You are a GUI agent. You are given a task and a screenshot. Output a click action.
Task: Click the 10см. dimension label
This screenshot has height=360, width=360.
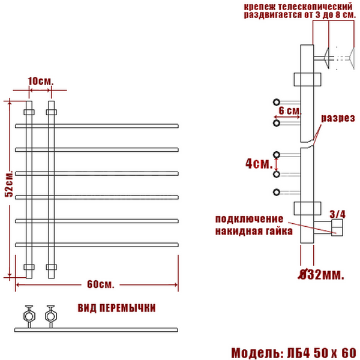click(41, 81)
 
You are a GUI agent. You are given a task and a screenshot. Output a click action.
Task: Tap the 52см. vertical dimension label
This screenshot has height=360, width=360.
click(10, 184)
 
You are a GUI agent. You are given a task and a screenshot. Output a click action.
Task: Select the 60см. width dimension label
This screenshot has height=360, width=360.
click(101, 284)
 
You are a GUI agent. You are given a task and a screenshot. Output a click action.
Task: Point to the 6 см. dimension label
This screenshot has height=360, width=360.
click(290, 111)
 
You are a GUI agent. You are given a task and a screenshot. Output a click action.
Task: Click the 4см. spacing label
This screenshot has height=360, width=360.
click(259, 164)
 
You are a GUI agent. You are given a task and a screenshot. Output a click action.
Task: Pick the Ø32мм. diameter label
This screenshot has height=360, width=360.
click(321, 274)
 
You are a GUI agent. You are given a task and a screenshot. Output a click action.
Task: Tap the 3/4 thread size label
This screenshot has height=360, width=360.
click(337, 214)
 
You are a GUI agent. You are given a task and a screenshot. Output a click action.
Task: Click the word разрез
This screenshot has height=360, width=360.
click(338, 118)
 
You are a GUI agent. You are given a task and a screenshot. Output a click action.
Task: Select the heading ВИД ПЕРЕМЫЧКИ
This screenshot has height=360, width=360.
click(116, 308)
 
